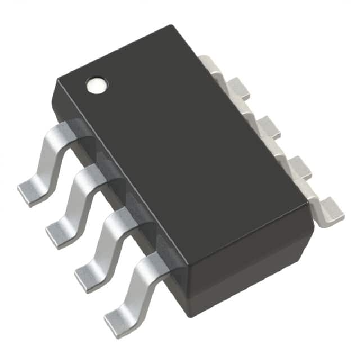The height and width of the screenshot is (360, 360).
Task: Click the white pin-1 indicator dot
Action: pyautogui.click(x=96, y=84)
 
